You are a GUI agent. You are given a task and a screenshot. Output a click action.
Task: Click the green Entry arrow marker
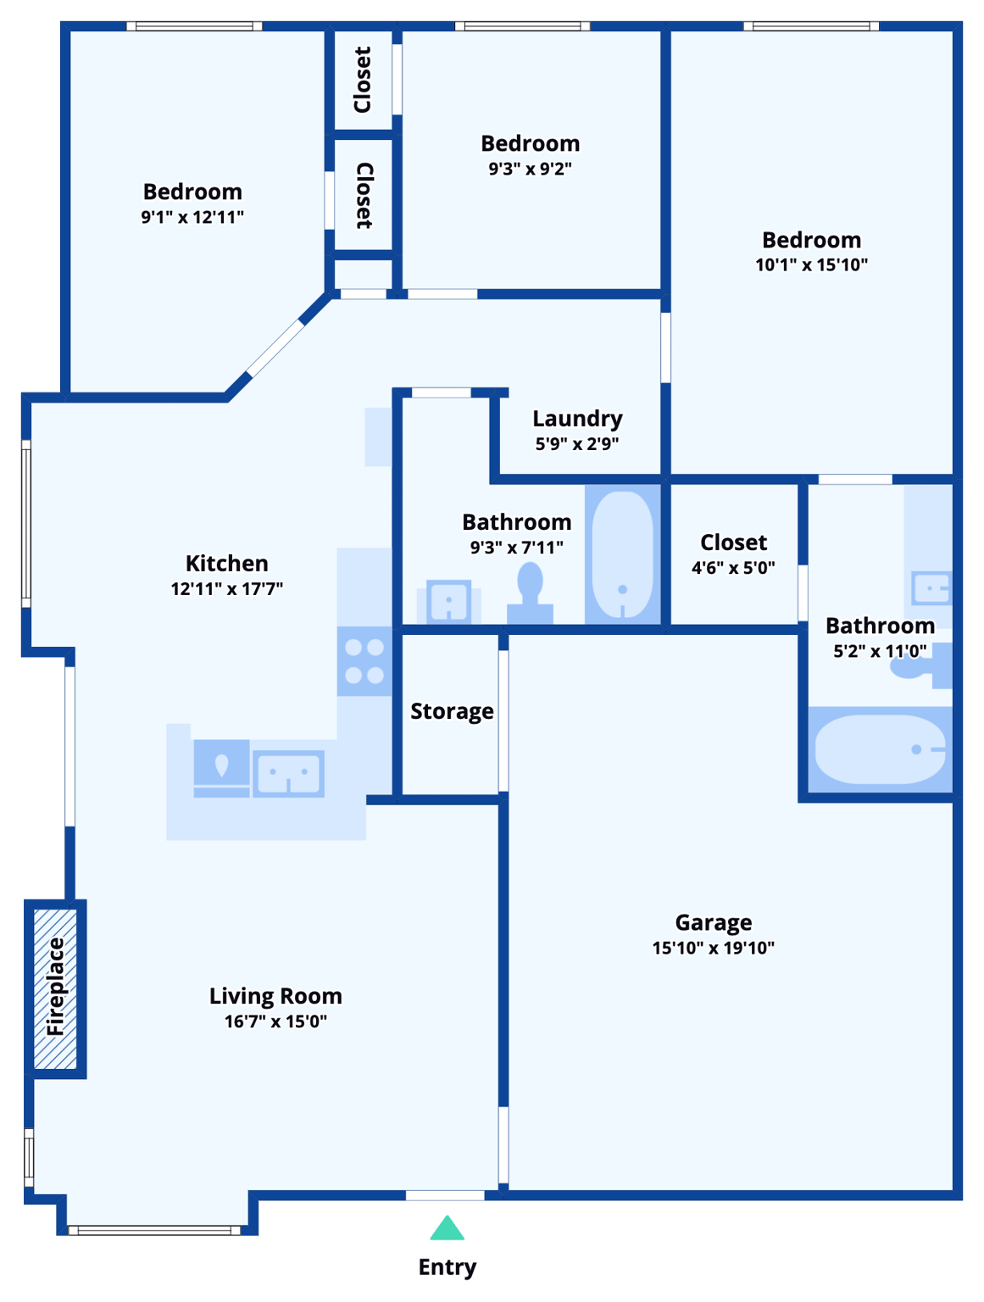(447, 1229)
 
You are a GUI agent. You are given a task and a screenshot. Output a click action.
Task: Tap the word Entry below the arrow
(448, 1267)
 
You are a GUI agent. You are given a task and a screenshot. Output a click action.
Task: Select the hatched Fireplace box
(55, 988)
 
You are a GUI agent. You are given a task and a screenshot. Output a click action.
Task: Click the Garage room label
(713, 922)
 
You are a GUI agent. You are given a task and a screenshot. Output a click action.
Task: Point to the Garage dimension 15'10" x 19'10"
(713, 948)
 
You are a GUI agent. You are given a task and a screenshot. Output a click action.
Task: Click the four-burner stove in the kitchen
(364, 661)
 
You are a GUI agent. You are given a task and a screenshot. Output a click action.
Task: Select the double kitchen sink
(288, 773)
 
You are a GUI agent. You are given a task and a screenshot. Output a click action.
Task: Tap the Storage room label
(452, 711)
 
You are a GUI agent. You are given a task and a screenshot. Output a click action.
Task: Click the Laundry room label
(577, 419)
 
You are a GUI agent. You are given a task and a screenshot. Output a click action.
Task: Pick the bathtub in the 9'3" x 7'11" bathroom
(622, 555)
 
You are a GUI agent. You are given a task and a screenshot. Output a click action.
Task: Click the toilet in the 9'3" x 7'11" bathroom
(530, 589)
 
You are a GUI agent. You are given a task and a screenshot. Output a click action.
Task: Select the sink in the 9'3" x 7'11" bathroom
(448, 602)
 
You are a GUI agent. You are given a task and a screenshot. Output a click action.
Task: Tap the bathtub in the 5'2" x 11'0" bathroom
(880, 749)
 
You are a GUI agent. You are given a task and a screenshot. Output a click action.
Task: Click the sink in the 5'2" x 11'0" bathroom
(930, 587)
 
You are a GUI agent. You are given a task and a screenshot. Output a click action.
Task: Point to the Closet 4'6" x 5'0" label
(733, 542)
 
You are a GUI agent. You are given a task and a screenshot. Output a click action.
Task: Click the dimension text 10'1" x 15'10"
(811, 265)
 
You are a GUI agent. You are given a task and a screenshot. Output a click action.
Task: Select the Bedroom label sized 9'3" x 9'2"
(530, 143)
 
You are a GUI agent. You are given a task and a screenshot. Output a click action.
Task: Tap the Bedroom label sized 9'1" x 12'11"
(192, 192)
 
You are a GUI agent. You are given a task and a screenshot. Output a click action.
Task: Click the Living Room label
(275, 996)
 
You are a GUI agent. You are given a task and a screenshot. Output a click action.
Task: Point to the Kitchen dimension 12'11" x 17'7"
(226, 588)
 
